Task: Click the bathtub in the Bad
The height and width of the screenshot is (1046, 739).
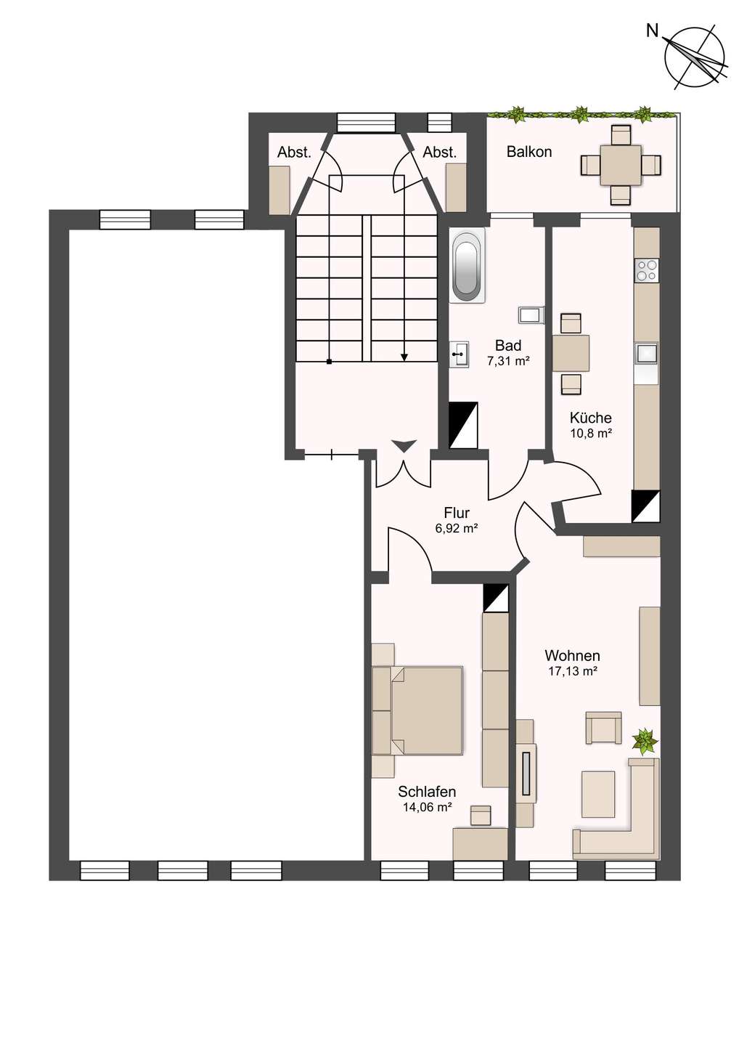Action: (x=467, y=264)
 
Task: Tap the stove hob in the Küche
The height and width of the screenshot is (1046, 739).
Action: (x=647, y=270)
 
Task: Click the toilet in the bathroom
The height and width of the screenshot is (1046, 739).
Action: (x=531, y=315)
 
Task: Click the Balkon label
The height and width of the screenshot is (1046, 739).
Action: (x=529, y=152)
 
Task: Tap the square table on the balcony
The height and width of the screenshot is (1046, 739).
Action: (x=621, y=165)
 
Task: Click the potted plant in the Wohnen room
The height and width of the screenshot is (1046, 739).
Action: (x=645, y=741)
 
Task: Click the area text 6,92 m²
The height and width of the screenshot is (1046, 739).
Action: (x=456, y=528)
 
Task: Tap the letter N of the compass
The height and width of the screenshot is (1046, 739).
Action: (x=652, y=31)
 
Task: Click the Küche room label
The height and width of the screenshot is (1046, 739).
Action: (x=591, y=418)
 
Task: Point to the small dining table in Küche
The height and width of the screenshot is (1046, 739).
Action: (x=571, y=354)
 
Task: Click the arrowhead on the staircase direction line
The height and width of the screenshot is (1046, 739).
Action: (x=404, y=357)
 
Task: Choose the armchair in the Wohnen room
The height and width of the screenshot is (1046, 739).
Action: (x=604, y=728)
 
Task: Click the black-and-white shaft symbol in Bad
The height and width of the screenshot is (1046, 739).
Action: (x=463, y=426)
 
